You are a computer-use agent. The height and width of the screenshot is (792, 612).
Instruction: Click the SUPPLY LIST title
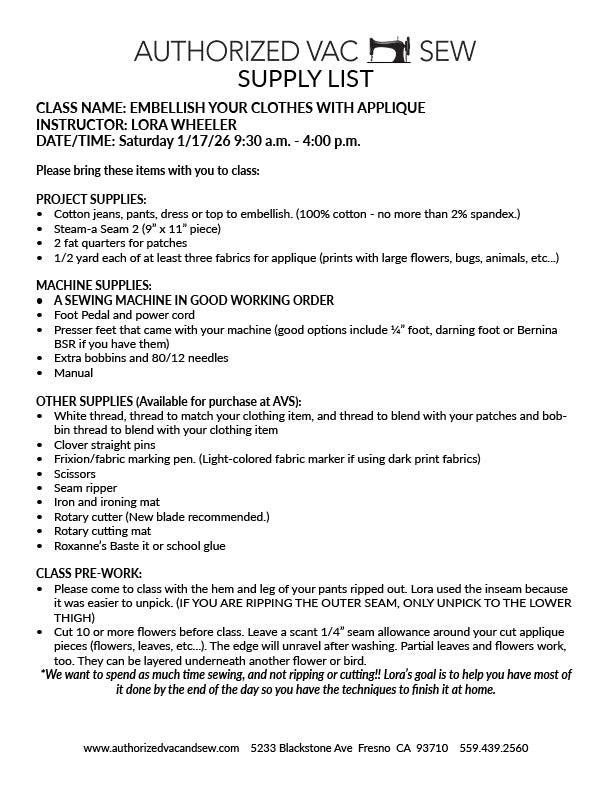click(306, 79)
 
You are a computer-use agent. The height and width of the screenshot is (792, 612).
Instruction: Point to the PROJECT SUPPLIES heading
click(91, 199)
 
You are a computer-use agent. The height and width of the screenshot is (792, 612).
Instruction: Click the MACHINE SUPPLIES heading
click(94, 285)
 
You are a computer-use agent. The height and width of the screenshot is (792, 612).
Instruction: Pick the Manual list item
click(73, 372)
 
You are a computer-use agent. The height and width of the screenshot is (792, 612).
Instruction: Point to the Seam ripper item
click(86, 487)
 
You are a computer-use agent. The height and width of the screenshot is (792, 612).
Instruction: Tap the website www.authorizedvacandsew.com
click(161, 748)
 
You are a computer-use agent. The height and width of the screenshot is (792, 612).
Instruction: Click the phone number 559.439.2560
click(493, 748)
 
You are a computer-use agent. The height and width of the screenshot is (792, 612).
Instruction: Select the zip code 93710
click(430, 748)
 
